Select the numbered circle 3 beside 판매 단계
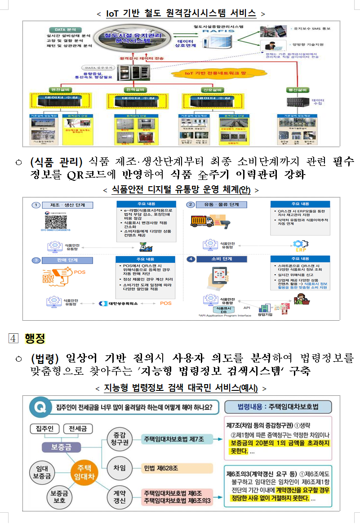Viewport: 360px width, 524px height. click(x=36, y=260)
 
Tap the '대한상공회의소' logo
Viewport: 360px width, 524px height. click(x=118, y=303)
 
